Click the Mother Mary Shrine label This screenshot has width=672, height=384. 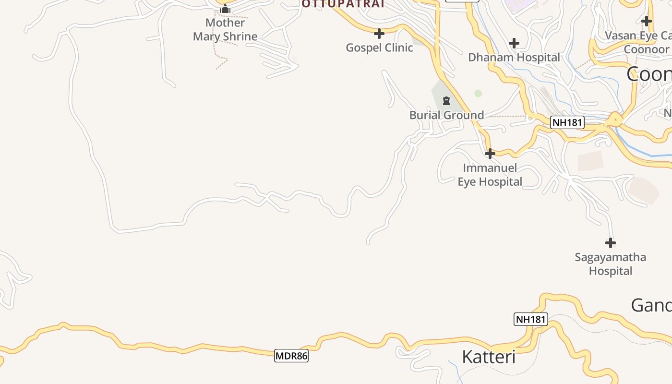225,29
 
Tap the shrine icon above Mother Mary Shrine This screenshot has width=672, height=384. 225,10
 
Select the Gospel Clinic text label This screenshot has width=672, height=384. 379,48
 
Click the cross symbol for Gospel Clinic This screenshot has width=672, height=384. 379,34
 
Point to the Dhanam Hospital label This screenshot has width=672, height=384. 514,58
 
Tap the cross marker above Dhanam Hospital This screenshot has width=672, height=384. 514,44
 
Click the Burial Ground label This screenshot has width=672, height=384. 446,115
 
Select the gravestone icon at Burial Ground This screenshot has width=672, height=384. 446,101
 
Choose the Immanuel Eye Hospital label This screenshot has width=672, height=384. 490,175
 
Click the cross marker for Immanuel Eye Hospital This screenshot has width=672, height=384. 490,154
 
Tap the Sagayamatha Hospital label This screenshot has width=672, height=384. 610,264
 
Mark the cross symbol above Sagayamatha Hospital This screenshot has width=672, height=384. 610,243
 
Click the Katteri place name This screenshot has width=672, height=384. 488,357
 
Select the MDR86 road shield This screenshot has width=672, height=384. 291,356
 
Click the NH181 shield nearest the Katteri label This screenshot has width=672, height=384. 530,319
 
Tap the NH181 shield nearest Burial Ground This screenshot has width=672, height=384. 567,122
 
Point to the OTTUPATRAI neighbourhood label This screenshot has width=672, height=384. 343,4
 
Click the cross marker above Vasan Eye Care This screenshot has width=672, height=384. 647,21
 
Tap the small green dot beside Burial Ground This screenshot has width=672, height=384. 478,94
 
